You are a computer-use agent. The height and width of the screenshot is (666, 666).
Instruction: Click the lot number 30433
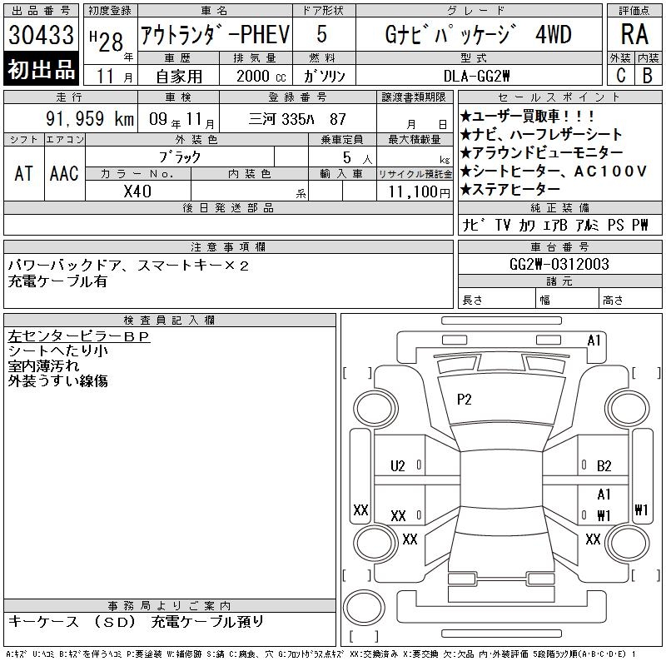tap(41, 34)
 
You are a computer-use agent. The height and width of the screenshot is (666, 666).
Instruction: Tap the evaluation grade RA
tap(634, 34)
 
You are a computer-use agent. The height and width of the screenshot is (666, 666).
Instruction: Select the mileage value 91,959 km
tap(90, 118)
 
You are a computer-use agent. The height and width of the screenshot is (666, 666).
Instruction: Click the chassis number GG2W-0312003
tap(559, 264)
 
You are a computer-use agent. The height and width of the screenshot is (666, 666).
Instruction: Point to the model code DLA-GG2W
tap(476, 76)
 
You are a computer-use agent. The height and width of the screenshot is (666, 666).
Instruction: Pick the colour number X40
tap(137, 191)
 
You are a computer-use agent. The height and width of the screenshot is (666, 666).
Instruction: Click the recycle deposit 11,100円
tap(420, 192)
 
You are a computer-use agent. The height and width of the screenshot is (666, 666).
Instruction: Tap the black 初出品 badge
tap(41, 68)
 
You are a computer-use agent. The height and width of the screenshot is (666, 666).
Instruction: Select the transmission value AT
tap(24, 173)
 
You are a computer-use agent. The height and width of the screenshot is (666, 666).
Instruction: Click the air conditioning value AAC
tap(64, 173)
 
